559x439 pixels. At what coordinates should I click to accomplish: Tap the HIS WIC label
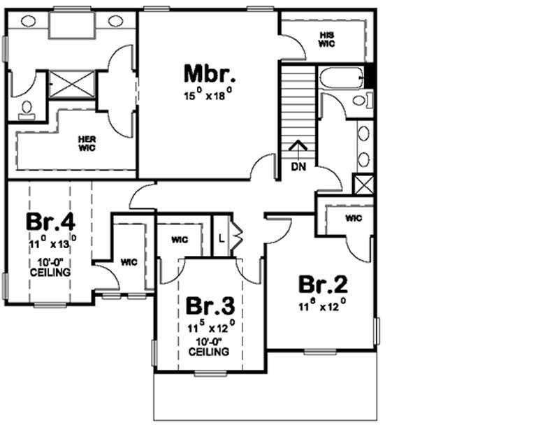click(327, 39)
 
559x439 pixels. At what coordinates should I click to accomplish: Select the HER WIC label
click(87, 143)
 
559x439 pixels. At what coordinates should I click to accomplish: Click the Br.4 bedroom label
click(50, 222)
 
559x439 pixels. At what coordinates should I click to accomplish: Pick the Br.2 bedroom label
click(322, 285)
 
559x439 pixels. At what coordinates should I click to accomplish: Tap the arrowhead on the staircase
click(297, 145)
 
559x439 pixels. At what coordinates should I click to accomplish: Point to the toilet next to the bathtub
click(362, 101)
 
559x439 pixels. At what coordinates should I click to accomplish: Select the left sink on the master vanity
click(29, 21)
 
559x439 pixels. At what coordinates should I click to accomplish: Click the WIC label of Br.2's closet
click(354, 218)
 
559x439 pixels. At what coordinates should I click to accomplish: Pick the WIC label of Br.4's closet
click(128, 262)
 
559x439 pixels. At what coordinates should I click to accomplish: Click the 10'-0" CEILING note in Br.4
click(50, 267)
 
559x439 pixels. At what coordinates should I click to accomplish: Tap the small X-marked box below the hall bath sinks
click(363, 184)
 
